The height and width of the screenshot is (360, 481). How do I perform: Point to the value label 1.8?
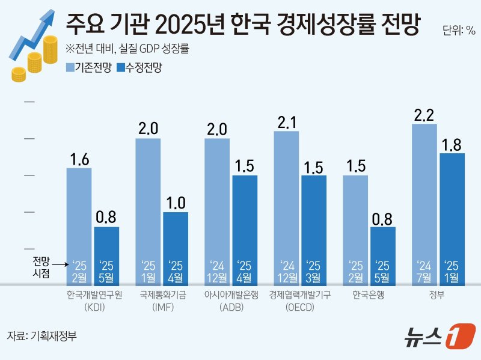[x=452, y=145]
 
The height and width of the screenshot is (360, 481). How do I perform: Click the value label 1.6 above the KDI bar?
[x=79, y=159]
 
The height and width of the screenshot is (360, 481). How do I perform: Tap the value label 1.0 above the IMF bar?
[x=176, y=203]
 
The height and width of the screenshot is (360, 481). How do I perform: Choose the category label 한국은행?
[x=369, y=295]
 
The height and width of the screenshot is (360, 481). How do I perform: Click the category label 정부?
[x=438, y=295]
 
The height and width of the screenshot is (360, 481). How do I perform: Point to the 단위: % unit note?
[x=459, y=31]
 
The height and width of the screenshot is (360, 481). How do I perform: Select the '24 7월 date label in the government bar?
[x=424, y=270]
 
